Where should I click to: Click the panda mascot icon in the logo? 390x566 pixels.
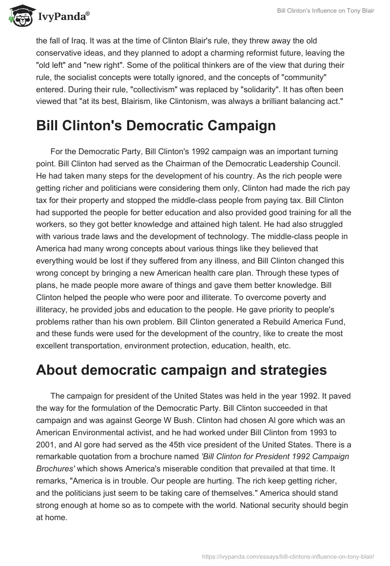[19, 16]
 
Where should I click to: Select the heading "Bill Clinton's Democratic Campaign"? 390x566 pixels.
[156, 125]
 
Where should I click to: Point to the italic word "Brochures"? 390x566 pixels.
[58, 468]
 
